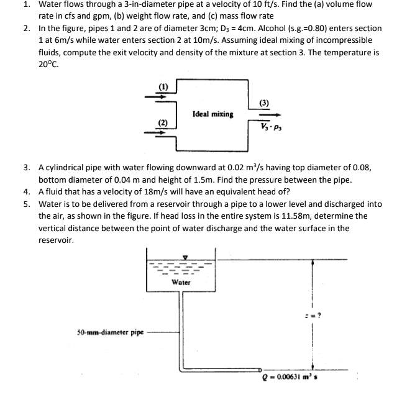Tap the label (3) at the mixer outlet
click(x=263, y=102)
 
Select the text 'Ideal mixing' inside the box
click(x=213, y=114)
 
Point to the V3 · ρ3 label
click(x=268, y=126)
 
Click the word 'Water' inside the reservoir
click(x=181, y=281)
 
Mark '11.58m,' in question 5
click(x=267, y=216)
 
